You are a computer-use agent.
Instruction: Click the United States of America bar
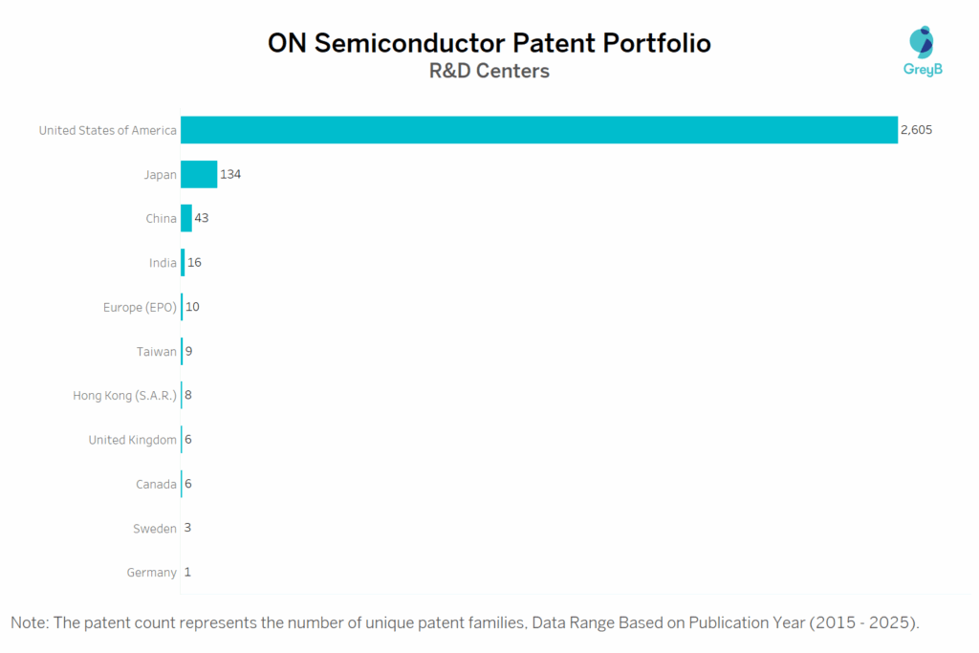click(x=538, y=130)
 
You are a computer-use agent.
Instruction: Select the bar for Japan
click(x=199, y=174)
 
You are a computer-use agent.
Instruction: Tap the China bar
click(x=186, y=218)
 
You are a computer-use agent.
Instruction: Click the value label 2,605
click(x=916, y=130)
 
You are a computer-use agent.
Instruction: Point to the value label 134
click(x=230, y=174)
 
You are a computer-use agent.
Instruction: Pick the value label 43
click(x=202, y=218)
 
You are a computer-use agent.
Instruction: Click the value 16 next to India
click(x=194, y=262)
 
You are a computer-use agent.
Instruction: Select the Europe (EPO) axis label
click(x=140, y=307)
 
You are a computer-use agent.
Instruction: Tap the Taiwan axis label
click(x=157, y=351)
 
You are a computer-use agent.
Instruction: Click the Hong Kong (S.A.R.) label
click(x=124, y=395)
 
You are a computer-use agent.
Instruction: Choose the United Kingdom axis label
click(x=132, y=440)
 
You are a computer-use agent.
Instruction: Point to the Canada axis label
click(x=156, y=484)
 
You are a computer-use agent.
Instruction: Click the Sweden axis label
click(x=155, y=528)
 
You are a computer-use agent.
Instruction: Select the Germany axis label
click(x=151, y=573)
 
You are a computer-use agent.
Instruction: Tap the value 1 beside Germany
click(x=187, y=572)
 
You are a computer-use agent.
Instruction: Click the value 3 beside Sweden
click(x=187, y=528)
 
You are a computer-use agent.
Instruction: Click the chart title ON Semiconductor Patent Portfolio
click(x=489, y=43)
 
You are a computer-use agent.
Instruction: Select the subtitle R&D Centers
click(x=489, y=71)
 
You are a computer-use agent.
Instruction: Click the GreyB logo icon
click(x=922, y=42)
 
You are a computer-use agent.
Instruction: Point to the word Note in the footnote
click(x=31, y=622)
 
